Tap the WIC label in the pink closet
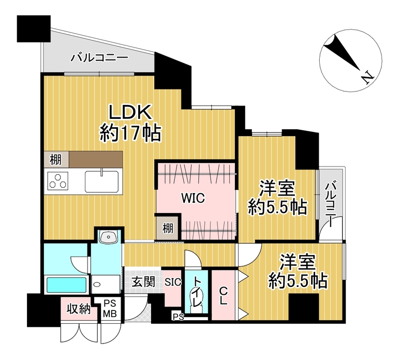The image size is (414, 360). click(x=193, y=198)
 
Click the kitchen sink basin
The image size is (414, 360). click(x=101, y=182)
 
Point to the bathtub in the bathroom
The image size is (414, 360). click(x=67, y=284)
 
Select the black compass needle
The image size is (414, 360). click(x=343, y=53)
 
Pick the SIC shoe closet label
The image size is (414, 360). click(x=173, y=282)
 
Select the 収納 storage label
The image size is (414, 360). click(x=79, y=308)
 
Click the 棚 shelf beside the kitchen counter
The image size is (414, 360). click(x=56, y=159)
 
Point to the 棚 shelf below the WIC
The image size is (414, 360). click(x=168, y=228)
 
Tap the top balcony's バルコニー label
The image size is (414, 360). click(x=99, y=57)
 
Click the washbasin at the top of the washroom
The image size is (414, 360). click(x=108, y=237)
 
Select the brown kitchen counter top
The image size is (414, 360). click(x=96, y=159)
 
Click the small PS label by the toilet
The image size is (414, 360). click(x=179, y=317)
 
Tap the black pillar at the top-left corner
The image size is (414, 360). click(x=34, y=29)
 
